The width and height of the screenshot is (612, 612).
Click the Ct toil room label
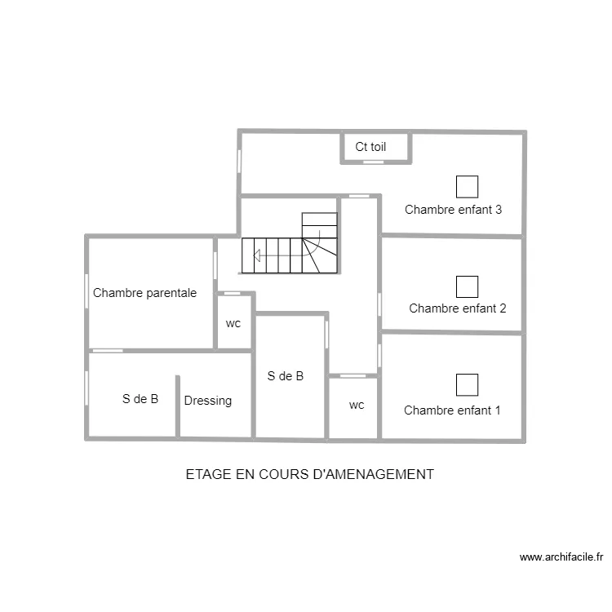coord(370,148)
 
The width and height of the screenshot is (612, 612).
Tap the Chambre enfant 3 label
coord(453,209)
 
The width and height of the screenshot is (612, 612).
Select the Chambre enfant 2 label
coord(457,308)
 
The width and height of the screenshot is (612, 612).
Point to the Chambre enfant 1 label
coord(452,410)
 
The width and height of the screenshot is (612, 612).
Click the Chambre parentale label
coord(144,293)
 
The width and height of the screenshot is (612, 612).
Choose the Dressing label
coord(207,401)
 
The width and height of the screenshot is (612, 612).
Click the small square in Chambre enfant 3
coord(467,187)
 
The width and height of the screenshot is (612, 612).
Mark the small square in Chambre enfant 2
coord(467,286)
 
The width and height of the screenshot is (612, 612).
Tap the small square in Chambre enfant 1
coord(467,384)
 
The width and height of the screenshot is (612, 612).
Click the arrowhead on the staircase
coord(256,256)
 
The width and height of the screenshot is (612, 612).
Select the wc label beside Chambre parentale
coord(233,324)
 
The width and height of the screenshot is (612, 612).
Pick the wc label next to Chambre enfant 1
coord(357,405)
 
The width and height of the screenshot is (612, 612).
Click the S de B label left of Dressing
coord(140,399)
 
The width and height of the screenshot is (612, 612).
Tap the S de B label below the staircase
coord(286,376)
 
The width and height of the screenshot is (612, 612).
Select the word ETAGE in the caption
coord(206,474)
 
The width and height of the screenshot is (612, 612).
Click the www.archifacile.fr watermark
coord(562,558)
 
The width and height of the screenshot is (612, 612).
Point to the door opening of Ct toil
coord(373,162)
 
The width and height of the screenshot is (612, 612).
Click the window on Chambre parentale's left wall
coord(86,291)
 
